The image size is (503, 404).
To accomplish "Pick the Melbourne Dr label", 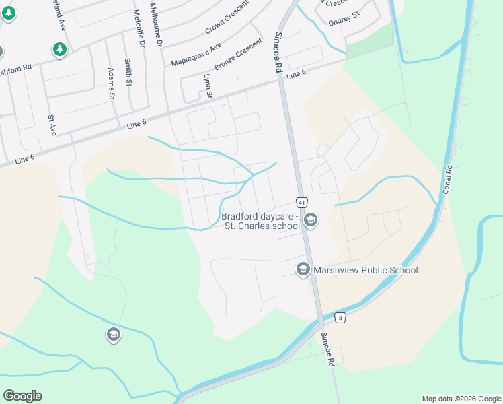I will click(x=157, y=24).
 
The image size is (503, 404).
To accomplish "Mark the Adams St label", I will click(x=111, y=83).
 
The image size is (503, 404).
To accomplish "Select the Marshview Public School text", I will click(x=366, y=270).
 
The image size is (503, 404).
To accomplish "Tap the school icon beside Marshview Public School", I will click(x=303, y=270).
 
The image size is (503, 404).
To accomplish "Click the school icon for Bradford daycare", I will click(x=311, y=220).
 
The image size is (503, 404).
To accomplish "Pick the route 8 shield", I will click(x=341, y=317).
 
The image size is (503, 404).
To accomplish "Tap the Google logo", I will click(x=22, y=395).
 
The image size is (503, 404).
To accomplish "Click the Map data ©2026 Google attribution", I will click(x=460, y=399).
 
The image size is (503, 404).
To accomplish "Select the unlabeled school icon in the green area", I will click(x=113, y=335).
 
